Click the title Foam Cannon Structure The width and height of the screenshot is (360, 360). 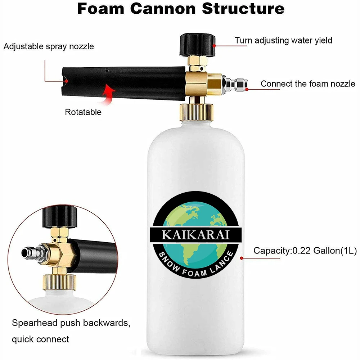pos(180,9)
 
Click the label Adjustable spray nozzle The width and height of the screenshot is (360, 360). pos(49,46)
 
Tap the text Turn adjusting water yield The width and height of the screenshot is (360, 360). pos(283,40)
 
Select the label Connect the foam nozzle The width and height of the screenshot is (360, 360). pos(308,84)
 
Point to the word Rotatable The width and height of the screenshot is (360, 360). pos(83,112)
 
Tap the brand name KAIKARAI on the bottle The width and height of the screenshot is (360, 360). pos(196,235)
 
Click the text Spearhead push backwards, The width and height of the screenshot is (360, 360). pos(71,322)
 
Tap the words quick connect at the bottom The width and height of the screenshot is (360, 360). pos(40,339)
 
